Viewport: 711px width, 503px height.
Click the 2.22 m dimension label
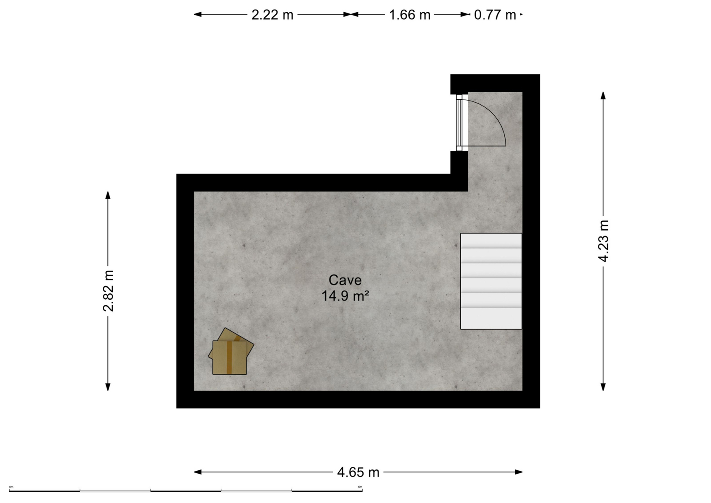272,15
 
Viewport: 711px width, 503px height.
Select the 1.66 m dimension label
410,15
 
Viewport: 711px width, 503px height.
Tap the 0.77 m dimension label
495,15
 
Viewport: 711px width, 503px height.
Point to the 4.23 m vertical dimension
603,241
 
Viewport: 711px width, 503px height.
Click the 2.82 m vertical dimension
108,291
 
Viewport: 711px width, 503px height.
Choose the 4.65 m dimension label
358,472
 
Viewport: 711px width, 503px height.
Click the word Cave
345,280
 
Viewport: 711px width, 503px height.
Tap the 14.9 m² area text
345,296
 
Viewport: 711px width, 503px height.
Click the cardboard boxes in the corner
231,351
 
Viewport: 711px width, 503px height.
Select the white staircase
491,281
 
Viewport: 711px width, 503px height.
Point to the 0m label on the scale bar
11,487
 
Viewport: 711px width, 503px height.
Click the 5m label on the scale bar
360,487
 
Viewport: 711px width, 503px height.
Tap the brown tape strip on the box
229,357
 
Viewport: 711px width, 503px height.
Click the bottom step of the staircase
491,318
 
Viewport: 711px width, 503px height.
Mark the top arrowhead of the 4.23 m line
603,95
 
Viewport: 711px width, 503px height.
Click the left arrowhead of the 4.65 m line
197,472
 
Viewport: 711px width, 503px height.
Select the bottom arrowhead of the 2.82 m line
108,387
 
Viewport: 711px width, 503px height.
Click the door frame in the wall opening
459,122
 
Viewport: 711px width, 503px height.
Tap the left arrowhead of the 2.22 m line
197,14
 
